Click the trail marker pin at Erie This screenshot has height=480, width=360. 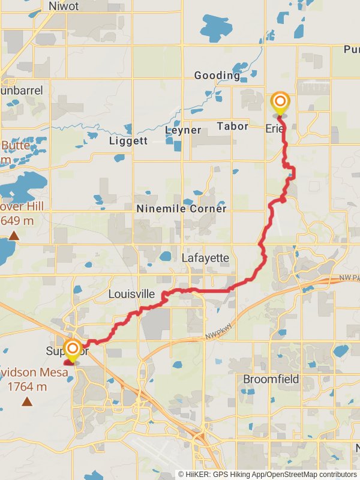pyautogui.click(x=280, y=101)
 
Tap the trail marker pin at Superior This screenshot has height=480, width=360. pyautogui.click(x=73, y=349)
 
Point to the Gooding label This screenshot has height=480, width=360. pyautogui.click(x=217, y=76)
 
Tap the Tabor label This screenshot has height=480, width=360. pyautogui.click(x=232, y=126)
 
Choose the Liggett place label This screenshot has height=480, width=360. pyautogui.click(x=128, y=141)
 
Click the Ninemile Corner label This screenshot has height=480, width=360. pyautogui.click(x=182, y=209)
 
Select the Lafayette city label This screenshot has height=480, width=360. pyautogui.click(x=205, y=258)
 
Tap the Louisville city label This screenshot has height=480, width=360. pyautogui.click(x=132, y=295)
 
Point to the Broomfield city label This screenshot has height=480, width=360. pyautogui.click(x=272, y=379)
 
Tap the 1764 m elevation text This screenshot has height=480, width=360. pyautogui.click(x=28, y=387)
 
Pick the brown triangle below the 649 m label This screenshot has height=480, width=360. pyautogui.click(x=14, y=236)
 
